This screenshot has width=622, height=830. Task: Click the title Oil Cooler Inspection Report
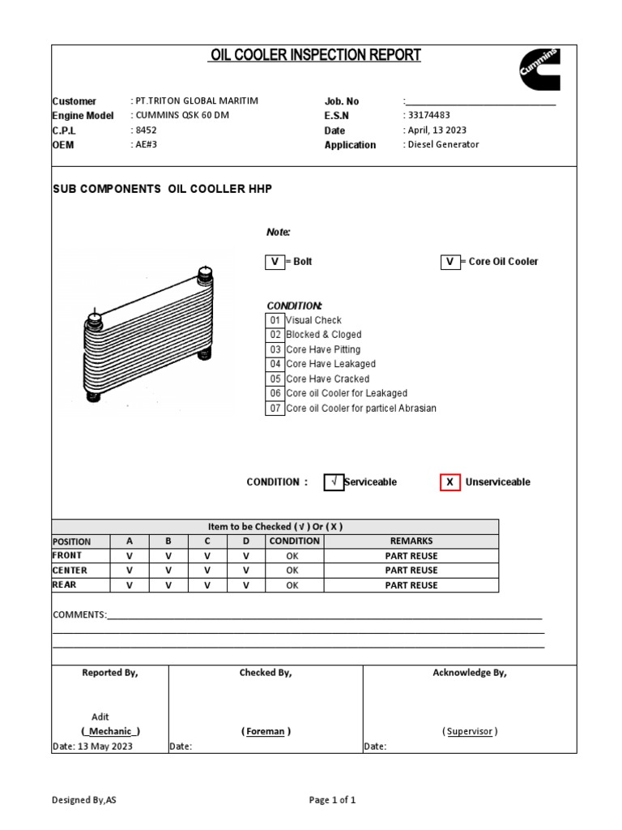tap(315, 55)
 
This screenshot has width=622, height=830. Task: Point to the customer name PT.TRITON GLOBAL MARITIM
tap(197, 101)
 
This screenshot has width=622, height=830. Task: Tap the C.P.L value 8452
tap(146, 130)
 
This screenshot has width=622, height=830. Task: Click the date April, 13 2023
tap(437, 130)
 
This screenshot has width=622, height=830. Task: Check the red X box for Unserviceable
tap(449, 482)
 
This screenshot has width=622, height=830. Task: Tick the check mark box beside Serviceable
tap(334, 482)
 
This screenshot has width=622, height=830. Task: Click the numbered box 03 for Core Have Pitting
tap(275, 349)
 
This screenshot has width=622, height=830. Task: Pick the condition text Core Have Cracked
tap(327, 379)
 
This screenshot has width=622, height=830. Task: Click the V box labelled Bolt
tap(275, 262)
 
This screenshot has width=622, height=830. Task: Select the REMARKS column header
tap(411, 541)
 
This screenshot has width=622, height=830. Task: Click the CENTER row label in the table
tap(70, 570)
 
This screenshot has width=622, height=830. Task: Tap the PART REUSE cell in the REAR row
tap(411, 584)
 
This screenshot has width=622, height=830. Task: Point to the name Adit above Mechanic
tap(100, 717)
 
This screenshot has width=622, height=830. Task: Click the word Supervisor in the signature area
tap(470, 731)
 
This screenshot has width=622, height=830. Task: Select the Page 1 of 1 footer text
tap(333, 800)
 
